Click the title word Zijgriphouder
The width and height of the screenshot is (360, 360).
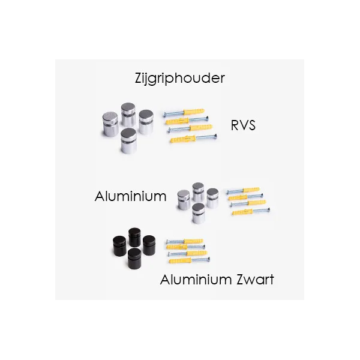point(180,78)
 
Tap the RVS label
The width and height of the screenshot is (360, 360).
point(243,125)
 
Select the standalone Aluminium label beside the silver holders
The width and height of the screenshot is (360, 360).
point(130,196)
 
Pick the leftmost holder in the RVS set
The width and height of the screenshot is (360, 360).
point(110,124)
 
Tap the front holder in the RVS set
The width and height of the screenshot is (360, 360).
point(128,141)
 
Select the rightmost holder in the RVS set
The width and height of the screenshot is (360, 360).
point(146,121)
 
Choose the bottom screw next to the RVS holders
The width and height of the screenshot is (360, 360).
point(192,139)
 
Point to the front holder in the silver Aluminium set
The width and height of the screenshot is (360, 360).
point(199,213)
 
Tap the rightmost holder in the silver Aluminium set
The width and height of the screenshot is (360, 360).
point(212,198)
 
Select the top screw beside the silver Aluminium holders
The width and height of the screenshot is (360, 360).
point(243,191)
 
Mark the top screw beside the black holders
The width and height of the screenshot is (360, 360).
point(185,241)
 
